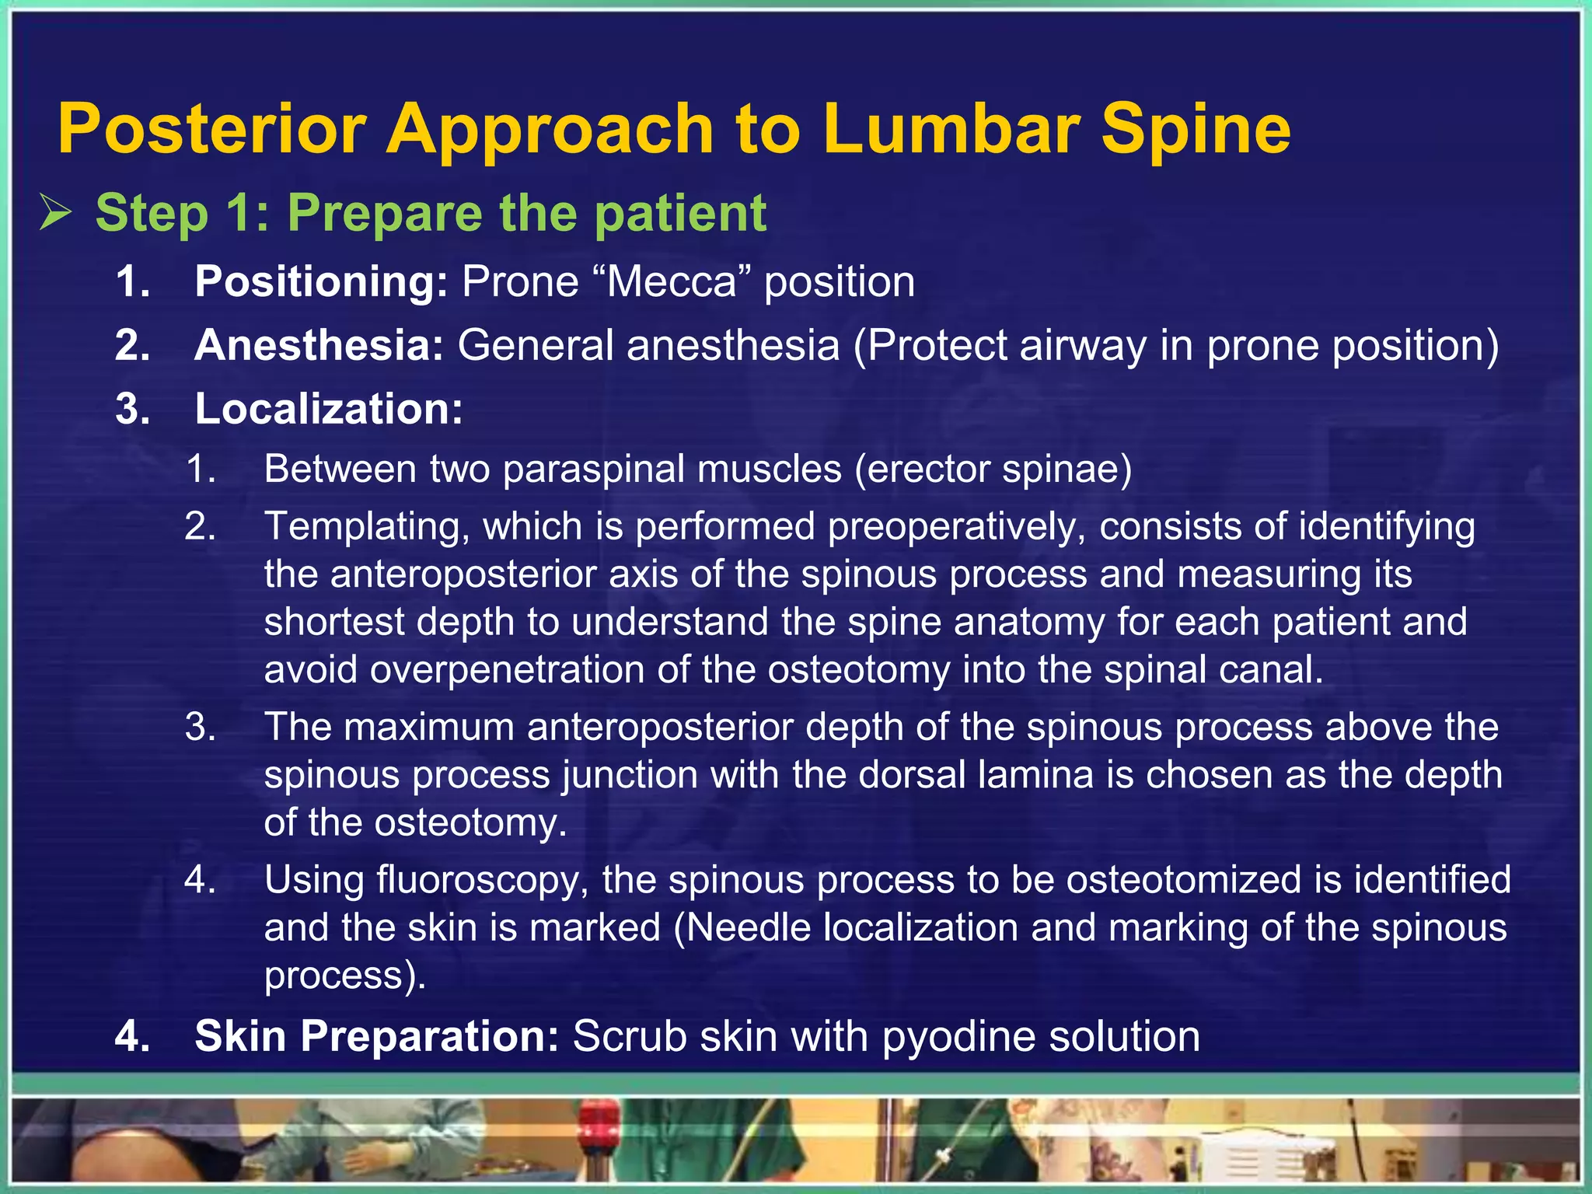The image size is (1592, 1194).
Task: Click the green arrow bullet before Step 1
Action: point(56,212)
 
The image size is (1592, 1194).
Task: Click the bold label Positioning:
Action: point(321,281)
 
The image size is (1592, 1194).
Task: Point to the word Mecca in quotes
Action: point(671,281)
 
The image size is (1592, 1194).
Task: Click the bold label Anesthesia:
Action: point(319,345)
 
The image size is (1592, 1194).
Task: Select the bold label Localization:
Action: point(328,409)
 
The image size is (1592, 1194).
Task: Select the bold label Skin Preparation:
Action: point(376,1036)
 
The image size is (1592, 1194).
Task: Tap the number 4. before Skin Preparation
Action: point(132,1036)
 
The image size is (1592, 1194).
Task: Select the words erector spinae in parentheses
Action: point(993,469)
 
